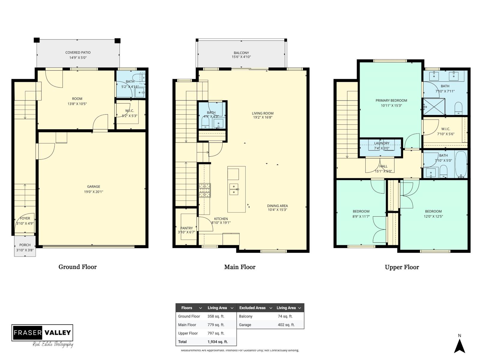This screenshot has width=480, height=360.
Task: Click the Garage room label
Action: pos(94,186)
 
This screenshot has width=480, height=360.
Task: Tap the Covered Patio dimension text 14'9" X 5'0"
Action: pos(78,58)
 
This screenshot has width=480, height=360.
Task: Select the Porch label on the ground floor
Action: pos(25,245)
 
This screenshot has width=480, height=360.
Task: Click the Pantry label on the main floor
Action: pos(186,228)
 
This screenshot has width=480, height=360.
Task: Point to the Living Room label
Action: pos(262,113)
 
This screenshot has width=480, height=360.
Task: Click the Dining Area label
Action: pos(277,206)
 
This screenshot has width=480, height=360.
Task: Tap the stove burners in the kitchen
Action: pos(205,190)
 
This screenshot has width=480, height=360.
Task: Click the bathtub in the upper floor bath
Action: pos(461,164)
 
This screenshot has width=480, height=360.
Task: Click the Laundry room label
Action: pos(382,143)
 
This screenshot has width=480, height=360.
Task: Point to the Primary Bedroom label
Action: pos(391,100)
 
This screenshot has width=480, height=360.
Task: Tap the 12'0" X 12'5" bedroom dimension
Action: pos(433,216)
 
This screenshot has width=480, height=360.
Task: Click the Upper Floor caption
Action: pos(402,267)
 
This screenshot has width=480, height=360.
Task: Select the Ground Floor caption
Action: pos(77,267)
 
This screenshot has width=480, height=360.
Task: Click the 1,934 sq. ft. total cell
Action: pos(217,342)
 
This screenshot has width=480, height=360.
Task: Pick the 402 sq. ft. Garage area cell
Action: pos(286,325)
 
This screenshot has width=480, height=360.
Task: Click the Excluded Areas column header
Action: pos(252,308)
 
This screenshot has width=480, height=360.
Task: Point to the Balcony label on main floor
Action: pos(241,53)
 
